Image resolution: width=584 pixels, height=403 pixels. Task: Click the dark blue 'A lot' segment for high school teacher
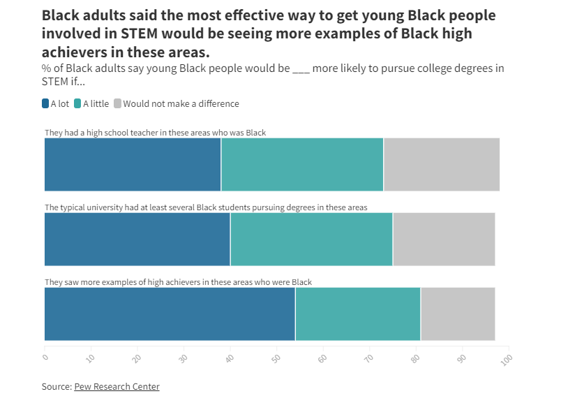point(133,164)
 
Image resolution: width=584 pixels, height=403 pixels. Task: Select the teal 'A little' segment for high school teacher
point(302,164)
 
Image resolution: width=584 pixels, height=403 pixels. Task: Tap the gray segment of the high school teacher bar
point(442,164)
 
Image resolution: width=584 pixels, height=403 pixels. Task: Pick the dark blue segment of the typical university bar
point(137,239)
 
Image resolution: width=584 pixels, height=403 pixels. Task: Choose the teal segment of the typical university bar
point(311,239)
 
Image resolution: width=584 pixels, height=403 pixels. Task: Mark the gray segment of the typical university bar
point(444,239)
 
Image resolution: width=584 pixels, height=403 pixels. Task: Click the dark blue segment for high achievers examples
point(170,314)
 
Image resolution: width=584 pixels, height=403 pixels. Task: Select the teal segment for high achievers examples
point(358,314)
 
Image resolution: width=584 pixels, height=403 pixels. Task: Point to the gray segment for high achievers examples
point(458,314)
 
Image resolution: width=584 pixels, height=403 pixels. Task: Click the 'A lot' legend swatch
point(45,103)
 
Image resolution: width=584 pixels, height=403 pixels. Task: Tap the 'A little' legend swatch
point(78,103)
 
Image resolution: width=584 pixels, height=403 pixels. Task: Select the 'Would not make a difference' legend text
point(181,103)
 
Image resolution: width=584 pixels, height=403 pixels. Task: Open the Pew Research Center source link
point(117,386)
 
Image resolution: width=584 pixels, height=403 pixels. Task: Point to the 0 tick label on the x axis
point(45,358)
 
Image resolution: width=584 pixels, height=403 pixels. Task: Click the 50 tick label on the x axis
point(276,358)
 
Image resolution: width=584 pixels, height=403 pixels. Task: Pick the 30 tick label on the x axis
point(184,358)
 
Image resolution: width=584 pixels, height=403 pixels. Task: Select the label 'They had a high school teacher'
point(155,132)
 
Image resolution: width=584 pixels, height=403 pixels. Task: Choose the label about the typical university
point(206,207)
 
